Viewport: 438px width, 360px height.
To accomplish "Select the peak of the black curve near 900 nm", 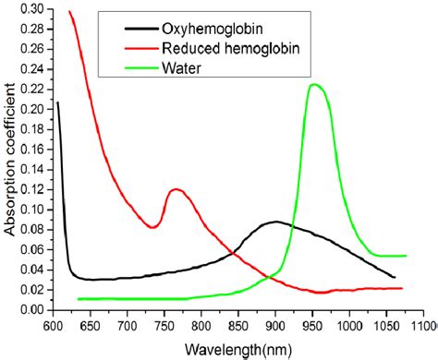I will [x=275, y=222].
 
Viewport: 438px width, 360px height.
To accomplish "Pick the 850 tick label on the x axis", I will [x=238, y=326].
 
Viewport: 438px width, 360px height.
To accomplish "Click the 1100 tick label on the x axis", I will [x=420, y=326].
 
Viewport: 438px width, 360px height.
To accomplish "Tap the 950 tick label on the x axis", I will [x=312, y=326].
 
